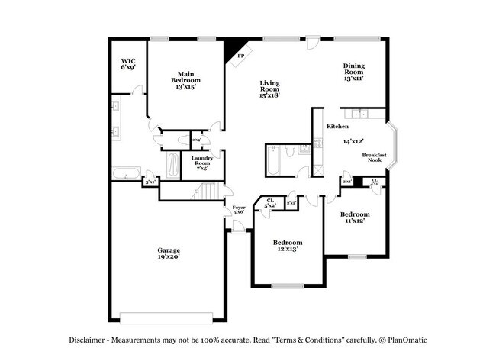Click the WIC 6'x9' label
click(127, 64)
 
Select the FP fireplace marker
click(240, 56)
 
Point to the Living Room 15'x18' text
click(269, 89)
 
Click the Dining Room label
click(353, 72)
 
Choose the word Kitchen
click(338, 126)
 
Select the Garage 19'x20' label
click(169, 253)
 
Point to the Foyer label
click(238, 209)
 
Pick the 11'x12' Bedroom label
click(355, 218)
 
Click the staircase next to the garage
click(207, 191)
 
